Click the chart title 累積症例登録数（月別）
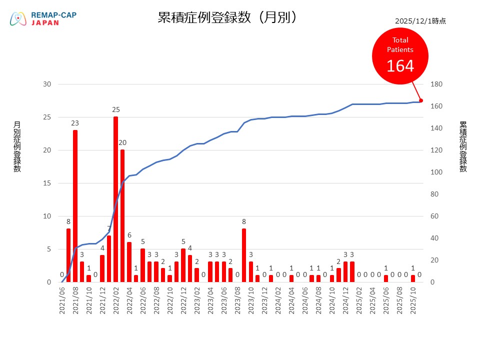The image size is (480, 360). click(228, 17)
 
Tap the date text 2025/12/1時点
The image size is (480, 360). click(420, 21)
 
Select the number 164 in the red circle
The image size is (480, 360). click(400, 65)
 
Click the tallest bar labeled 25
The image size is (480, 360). click(115, 200)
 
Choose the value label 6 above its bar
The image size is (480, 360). click(129, 235)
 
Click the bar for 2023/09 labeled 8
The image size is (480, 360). click(244, 255)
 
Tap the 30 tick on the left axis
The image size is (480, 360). click(47, 84)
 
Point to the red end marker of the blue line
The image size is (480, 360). click(420, 100)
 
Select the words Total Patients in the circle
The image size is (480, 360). click(400, 45)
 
